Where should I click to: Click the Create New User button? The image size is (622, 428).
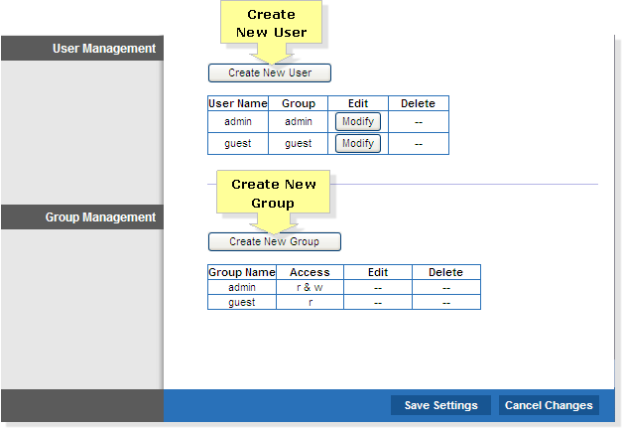point(270,73)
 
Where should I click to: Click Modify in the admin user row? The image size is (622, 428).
point(358,121)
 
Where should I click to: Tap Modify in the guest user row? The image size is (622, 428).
point(358,143)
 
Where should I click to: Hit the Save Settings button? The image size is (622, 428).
point(440,405)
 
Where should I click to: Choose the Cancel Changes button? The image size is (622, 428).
point(549,405)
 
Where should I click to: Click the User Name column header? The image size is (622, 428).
point(238,103)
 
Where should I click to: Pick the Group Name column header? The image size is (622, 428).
point(242,272)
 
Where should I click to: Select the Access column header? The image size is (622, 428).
point(310,272)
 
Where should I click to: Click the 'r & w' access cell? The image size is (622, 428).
point(310,287)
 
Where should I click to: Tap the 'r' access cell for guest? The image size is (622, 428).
point(310,302)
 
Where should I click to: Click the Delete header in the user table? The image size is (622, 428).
point(419,103)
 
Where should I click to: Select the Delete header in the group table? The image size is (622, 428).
point(446,272)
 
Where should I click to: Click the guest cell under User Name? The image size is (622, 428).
point(238,143)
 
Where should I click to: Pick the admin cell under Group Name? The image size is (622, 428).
point(242,287)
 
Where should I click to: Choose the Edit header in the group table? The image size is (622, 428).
point(378,272)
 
